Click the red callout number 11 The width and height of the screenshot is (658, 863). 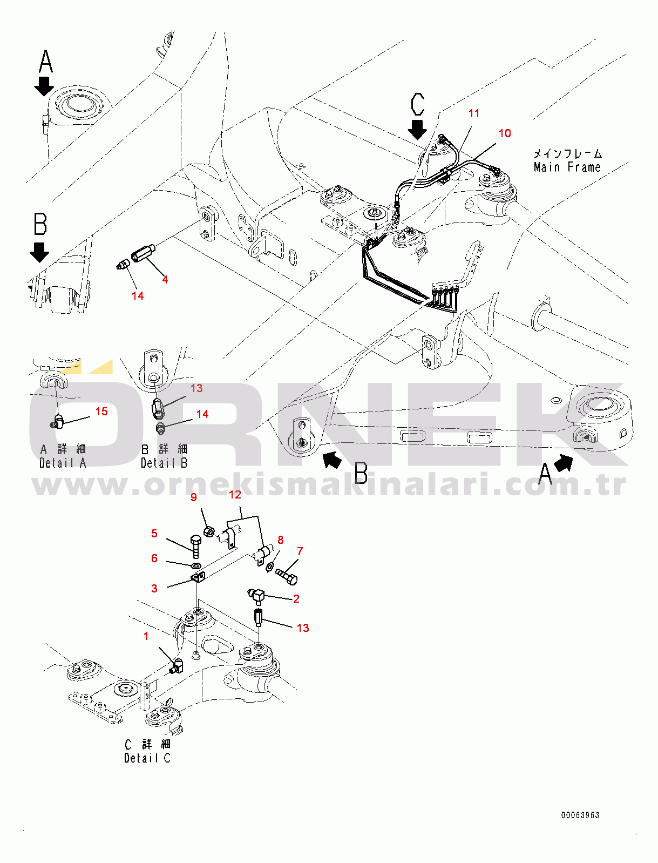(474, 113)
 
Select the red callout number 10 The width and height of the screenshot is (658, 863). (505, 133)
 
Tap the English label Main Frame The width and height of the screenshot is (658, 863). (567, 167)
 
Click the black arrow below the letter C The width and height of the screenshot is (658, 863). (417, 130)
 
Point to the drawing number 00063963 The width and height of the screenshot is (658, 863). (580, 815)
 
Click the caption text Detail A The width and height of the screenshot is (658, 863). (63, 463)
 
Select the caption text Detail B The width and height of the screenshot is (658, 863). (164, 463)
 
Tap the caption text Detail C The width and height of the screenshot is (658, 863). (147, 758)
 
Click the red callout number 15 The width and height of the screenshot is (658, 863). (101, 412)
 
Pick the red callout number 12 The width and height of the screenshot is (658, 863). (235, 494)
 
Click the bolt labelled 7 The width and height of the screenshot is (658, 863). (287, 576)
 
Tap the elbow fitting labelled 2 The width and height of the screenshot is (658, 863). (257, 596)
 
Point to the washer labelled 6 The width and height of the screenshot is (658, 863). (194, 565)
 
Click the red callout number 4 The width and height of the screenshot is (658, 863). (165, 280)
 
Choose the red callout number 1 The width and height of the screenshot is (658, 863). (146, 636)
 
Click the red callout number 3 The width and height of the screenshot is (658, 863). (154, 588)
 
